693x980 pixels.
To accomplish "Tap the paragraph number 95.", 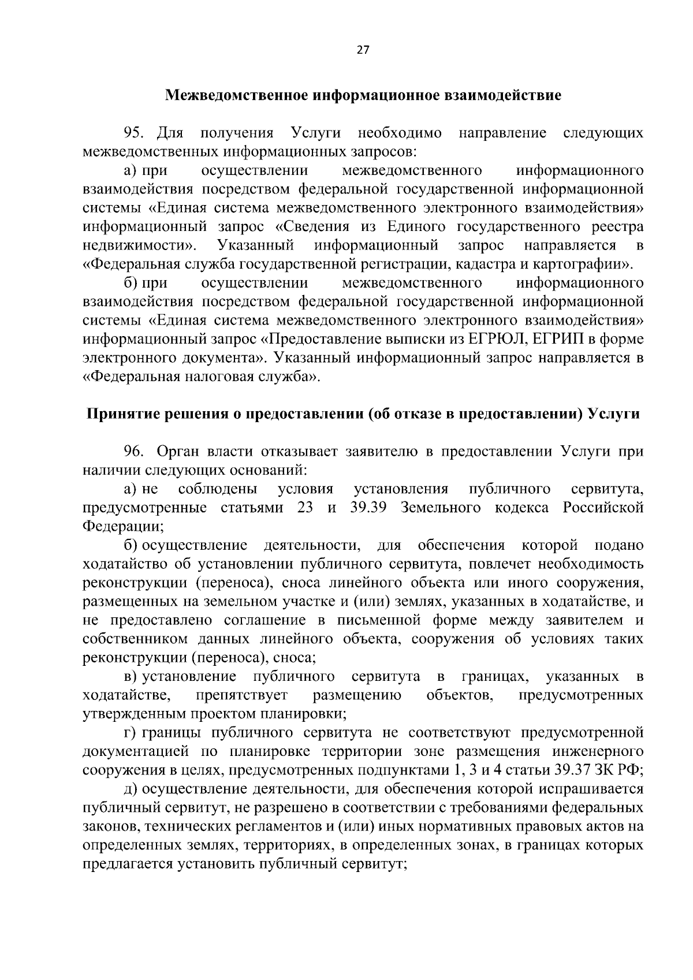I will tap(133, 133).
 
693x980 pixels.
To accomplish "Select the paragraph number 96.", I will tap(133, 451).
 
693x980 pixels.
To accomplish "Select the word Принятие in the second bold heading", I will tap(120, 414).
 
